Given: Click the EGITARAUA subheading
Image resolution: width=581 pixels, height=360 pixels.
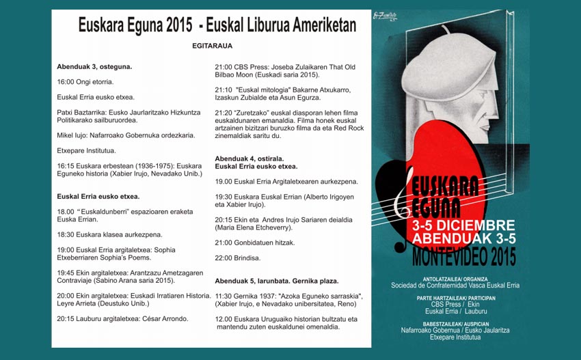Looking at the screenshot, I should pyautogui.click(x=212, y=46).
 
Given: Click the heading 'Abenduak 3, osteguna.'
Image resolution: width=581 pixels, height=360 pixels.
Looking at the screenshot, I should pyautogui.click(x=94, y=66).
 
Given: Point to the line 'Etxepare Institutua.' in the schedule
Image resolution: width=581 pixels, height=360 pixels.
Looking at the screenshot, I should pyautogui.click(x=86, y=150).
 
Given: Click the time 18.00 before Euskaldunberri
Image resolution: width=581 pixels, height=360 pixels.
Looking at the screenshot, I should pyautogui.click(x=66, y=212).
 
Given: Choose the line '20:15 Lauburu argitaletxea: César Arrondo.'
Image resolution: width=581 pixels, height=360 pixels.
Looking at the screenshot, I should pyautogui.click(x=122, y=318).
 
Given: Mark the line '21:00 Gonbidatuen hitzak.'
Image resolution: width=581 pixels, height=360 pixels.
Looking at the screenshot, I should pyautogui.click(x=255, y=243).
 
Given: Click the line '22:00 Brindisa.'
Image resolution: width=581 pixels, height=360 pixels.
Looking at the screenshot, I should pyautogui.click(x=237, y=258).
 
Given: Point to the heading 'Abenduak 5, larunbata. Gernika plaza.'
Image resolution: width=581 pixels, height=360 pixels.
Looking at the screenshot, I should pyautogui.click(x=276, y=281).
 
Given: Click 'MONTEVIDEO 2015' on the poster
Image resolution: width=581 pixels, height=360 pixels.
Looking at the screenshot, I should pyautogui.click(x=464, y=256).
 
